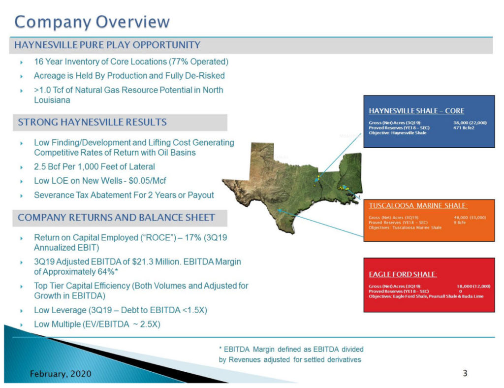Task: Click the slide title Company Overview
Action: point(92,22)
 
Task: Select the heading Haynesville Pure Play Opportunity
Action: point(107,45)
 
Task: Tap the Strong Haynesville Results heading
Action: point(93,122)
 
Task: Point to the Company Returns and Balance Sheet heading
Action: point(116,217)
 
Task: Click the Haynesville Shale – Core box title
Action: point(416,111)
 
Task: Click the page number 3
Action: point(465,373)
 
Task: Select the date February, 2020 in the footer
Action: point(60,374)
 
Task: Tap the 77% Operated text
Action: point(202,62)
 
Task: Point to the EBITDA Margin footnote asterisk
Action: point(221,349)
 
